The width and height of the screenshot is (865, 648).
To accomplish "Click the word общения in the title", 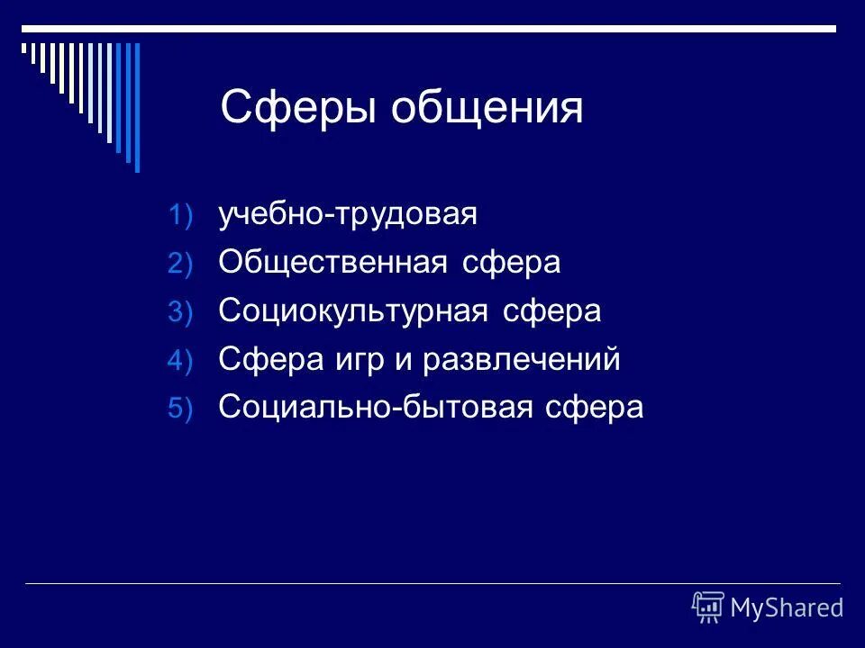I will [x=487, y=110].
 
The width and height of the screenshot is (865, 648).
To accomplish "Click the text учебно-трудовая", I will [x=348, y=215].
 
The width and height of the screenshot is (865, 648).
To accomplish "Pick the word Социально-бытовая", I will [x=378, y=408].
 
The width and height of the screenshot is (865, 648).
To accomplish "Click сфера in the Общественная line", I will [x=511, y=264].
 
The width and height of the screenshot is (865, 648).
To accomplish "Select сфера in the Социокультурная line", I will [x=551, y=312].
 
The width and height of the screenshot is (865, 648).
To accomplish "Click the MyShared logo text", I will [x=787, y=607].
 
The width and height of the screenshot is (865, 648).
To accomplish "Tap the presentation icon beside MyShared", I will [x=708, y=607].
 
